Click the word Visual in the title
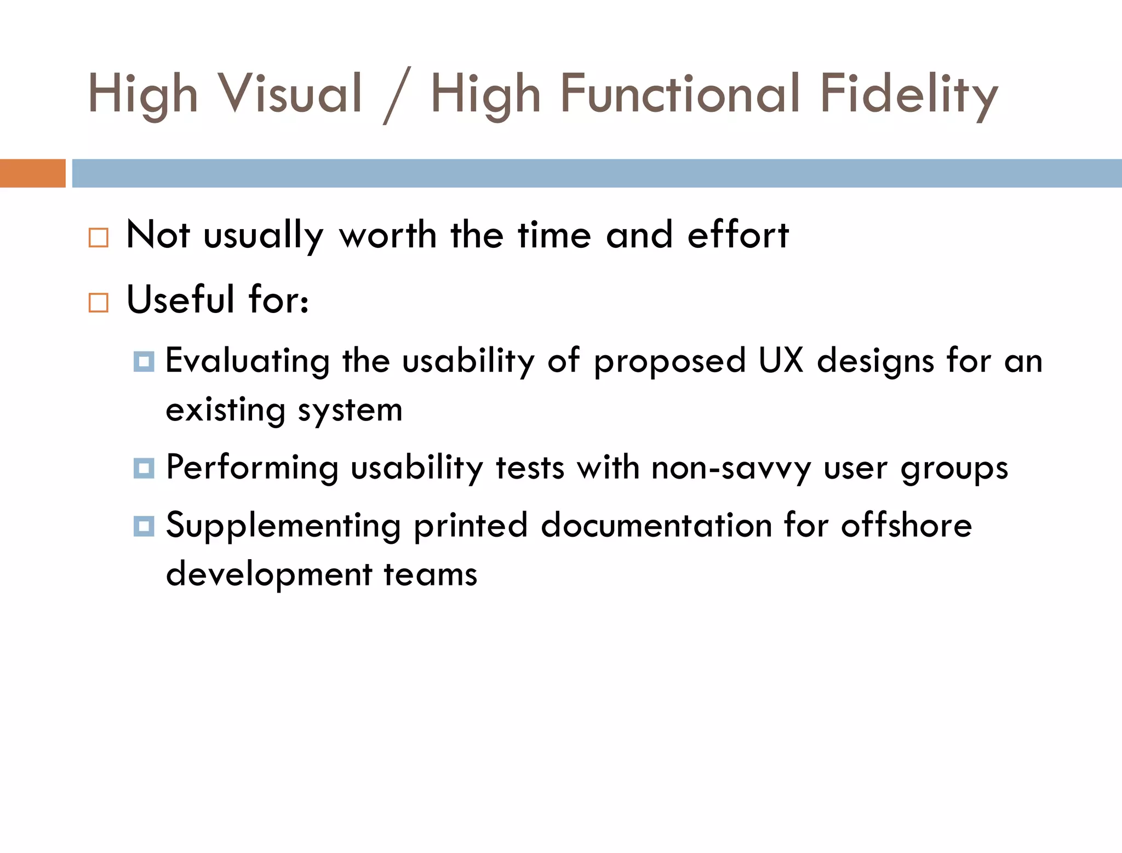[290, 94]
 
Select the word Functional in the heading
[679, 94]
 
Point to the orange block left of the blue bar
[32, 173]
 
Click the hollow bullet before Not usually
[99, 238]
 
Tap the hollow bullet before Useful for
[99, 303]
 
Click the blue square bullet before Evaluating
[144, 362]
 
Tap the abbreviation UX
[781, 361]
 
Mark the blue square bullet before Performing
[144, 469]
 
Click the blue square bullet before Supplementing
[144, 526]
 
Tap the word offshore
[906, 525]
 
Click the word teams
[430, 575]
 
